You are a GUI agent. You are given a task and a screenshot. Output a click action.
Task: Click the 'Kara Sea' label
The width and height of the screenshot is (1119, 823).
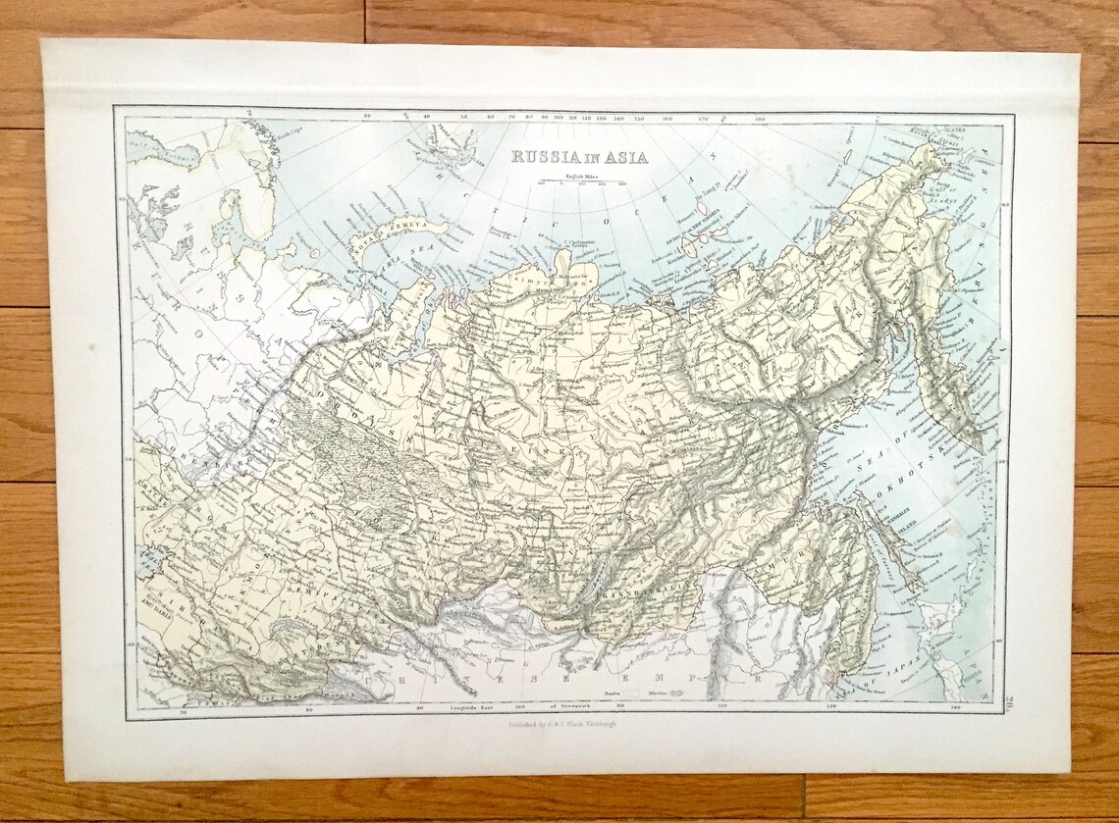point(386,263)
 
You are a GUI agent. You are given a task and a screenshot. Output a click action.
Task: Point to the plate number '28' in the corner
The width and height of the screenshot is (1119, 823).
point(1010,697)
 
